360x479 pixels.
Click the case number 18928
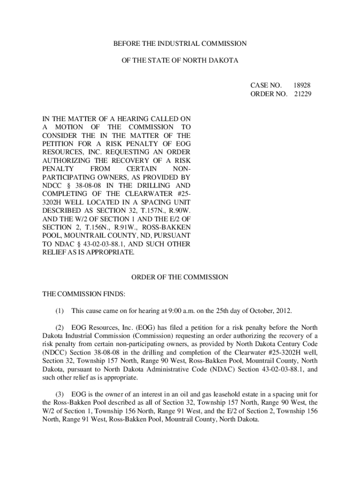[302, 86]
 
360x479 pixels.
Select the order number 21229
[302, 94]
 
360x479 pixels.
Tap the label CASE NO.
[266, 86]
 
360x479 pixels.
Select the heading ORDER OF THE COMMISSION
[180, 277]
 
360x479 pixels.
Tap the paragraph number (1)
[59, 311]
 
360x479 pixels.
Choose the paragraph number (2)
[59, 328]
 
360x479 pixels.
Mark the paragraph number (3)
[59, 395]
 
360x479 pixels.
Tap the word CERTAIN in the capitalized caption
[142, 169]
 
